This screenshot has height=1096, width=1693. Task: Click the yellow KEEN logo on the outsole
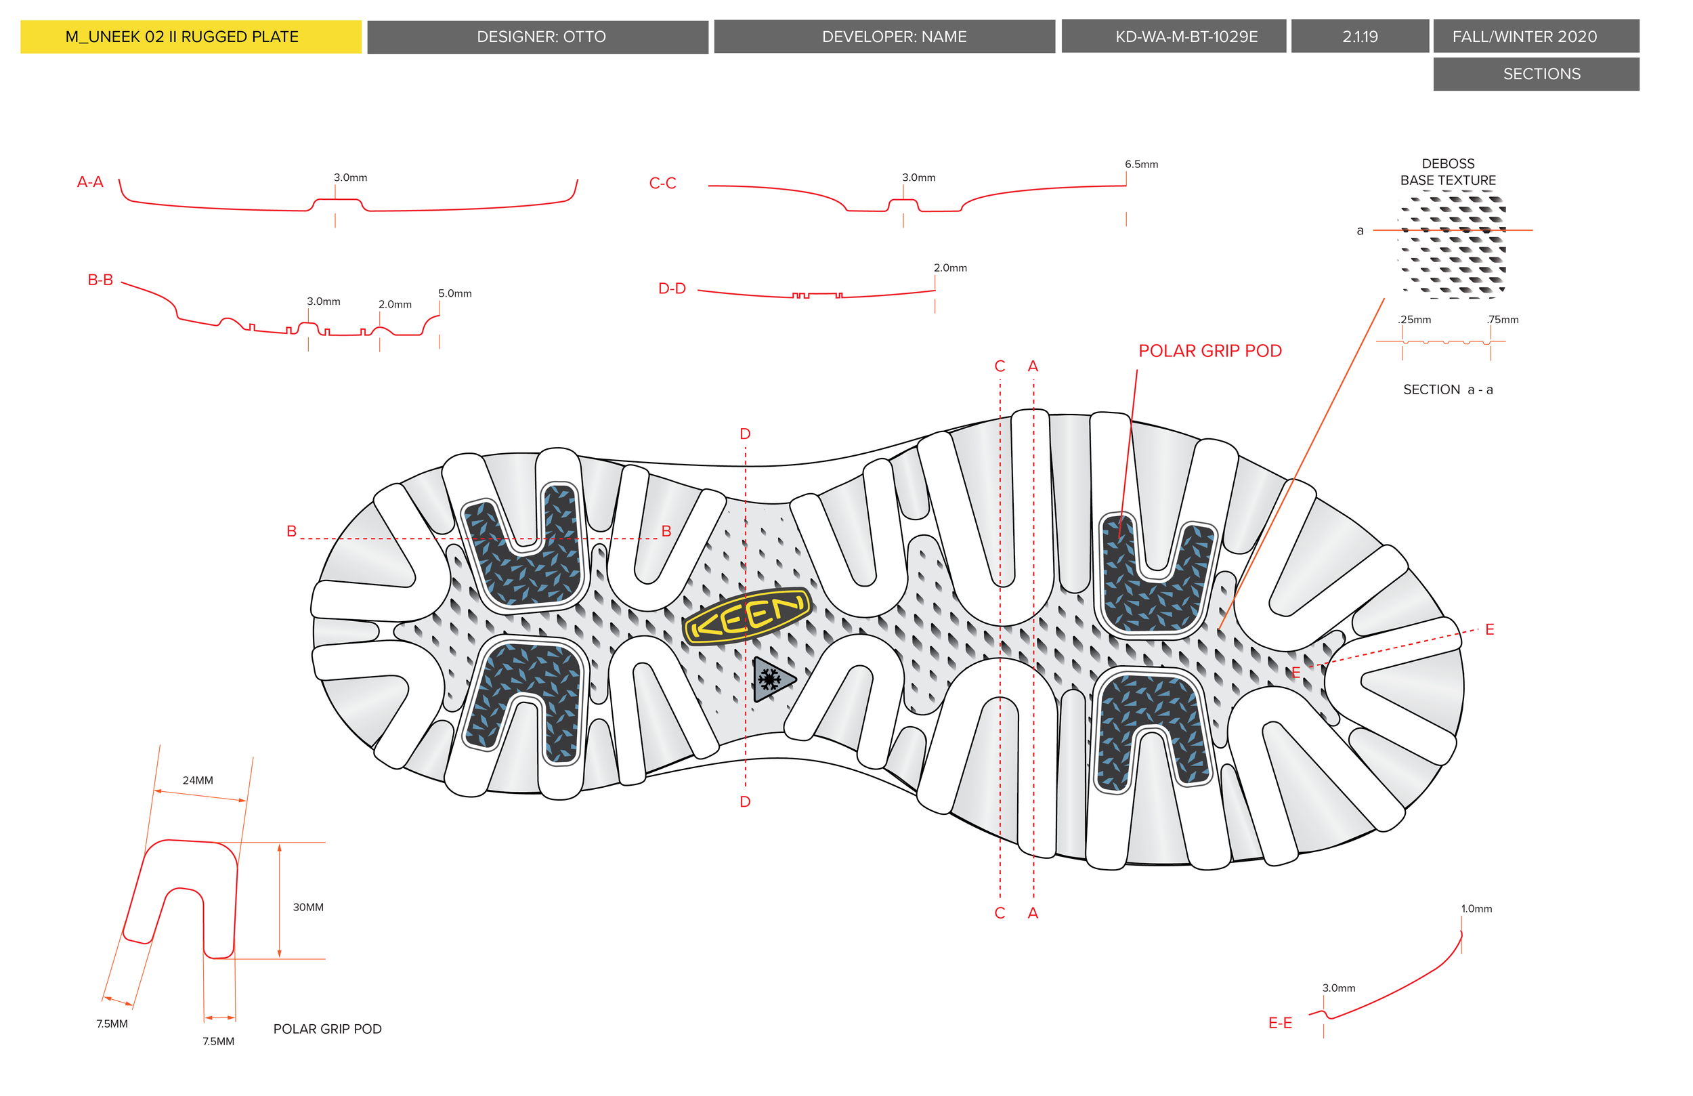tap(747, 616)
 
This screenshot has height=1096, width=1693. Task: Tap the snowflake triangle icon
tap(771, 680)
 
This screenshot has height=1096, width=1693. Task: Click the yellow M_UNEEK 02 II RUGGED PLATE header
tap(191, 37)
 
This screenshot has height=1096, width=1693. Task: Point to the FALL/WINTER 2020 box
tap(1535, 37)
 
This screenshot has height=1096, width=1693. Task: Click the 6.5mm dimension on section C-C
tap(1141, 165)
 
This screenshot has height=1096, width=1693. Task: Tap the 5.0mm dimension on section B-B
tap(454, 293)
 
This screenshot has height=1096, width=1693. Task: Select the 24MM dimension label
tap(198, 781)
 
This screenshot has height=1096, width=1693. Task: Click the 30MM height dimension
tap(308, 908)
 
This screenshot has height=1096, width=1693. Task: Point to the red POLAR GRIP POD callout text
tap(1209, 351)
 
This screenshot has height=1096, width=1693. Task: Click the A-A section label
tap(90, 182)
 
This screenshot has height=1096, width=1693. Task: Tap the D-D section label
tap(672, 289)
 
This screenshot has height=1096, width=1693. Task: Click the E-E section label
tap(1280, 1024)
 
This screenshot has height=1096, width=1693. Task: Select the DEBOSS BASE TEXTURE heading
tap(1448, 172)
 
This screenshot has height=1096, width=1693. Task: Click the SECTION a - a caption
tap(1448, 390)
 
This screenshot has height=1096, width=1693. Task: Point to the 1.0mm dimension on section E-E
tap(1476, 909)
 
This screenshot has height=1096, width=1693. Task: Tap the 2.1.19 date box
tap(1359, 37)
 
